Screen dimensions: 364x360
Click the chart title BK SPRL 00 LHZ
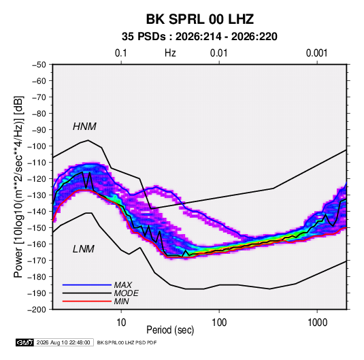200,19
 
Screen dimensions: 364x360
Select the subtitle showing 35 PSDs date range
199,37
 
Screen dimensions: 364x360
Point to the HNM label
84,127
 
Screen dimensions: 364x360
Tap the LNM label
84,249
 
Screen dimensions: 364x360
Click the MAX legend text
122,285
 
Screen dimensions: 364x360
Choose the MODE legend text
126,293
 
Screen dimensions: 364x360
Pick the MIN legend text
121,301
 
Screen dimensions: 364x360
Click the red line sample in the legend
87,301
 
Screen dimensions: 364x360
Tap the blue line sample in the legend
87,285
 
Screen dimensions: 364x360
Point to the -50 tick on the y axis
39,65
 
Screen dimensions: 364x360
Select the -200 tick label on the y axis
37,310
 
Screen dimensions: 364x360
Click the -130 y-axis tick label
37,195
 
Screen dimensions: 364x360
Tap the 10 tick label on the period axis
121,323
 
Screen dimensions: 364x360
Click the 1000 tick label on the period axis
317,323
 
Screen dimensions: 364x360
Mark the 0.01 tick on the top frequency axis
218,53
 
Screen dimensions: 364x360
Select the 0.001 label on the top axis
316,53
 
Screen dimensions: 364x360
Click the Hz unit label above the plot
170,53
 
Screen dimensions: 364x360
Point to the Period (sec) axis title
170,330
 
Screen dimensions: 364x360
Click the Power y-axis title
18,187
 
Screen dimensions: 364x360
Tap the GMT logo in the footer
25,342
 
